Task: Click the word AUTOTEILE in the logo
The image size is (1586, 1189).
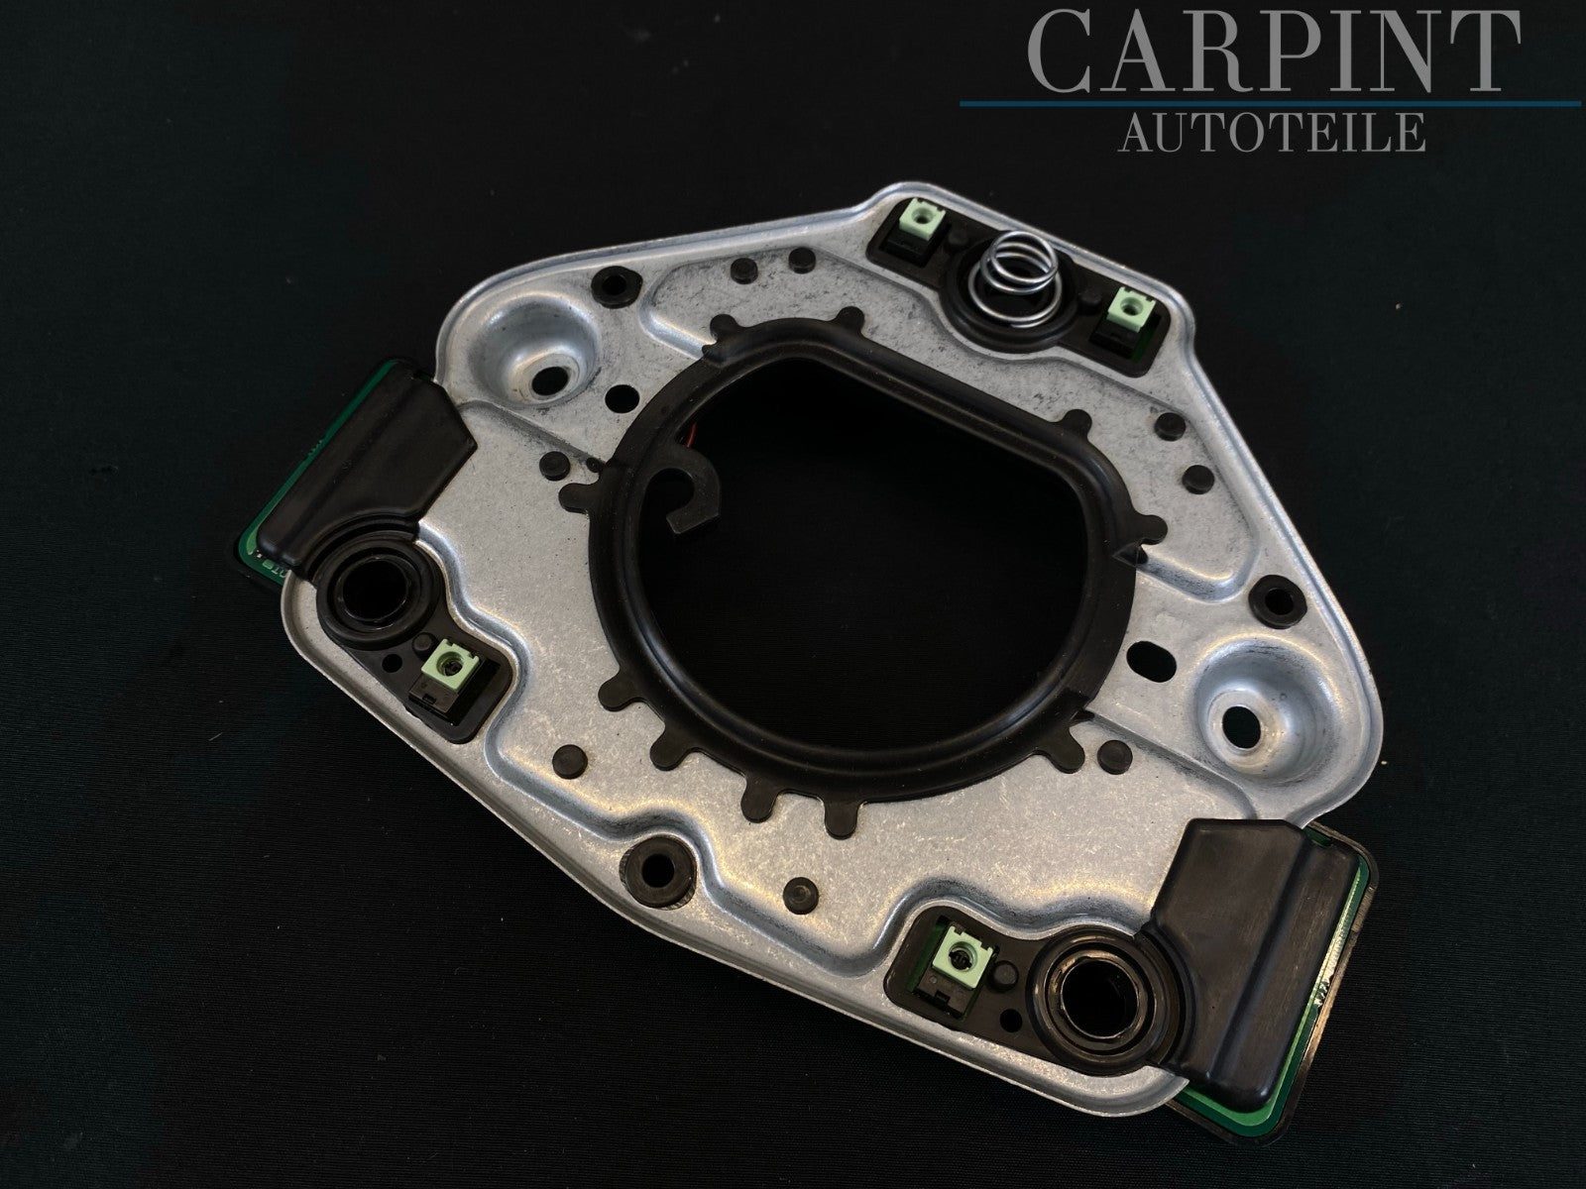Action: (1272, 132)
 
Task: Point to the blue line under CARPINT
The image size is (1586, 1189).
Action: (1270, 104)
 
